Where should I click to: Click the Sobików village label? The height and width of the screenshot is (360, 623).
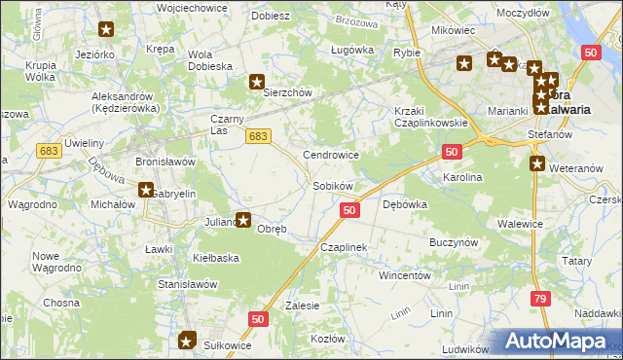point(332,185)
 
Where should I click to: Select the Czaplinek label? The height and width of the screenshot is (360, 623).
point(343,248)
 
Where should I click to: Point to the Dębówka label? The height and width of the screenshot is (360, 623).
point(405,204)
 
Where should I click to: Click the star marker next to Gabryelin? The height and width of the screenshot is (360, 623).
point(146,192)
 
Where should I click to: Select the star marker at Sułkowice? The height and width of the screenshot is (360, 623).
point(187,341)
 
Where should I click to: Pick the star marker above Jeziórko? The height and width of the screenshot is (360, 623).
point(106,29)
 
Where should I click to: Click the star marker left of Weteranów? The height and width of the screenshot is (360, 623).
point(536,163)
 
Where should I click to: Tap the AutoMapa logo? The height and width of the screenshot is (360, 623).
point(557,341)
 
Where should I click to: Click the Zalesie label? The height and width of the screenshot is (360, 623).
point(303,306)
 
